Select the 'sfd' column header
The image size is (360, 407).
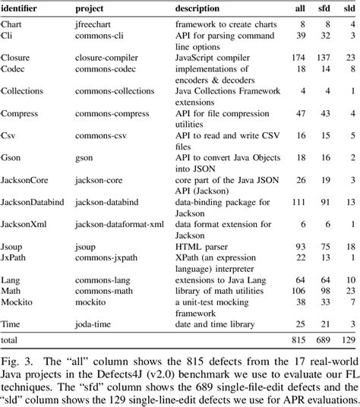pos(322,8)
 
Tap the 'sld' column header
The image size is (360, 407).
pos(349,8)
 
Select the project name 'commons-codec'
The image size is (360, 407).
pos(103,68)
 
